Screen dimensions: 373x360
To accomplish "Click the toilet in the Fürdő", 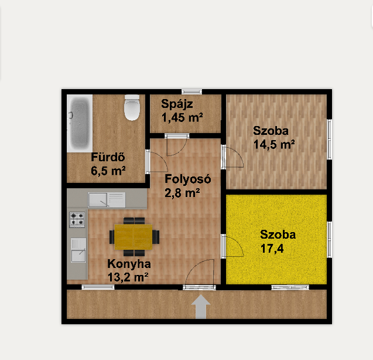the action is click(132, 107).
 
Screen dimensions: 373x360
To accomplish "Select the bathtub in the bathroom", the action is click(80, 123).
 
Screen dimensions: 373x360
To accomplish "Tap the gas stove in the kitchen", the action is click(77, 219).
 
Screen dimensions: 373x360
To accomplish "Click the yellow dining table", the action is click(134, 237).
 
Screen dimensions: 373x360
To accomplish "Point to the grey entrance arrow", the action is click(201, 307).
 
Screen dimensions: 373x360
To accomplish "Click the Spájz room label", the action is click(177, 104).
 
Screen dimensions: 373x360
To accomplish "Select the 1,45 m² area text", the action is click(182, 117).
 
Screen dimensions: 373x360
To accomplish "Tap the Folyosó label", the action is click(188, 179).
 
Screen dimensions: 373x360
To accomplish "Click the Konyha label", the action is click(129, 264).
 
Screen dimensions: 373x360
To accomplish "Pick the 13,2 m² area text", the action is click(128, 277).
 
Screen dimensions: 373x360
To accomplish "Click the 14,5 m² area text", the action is click(274, 144).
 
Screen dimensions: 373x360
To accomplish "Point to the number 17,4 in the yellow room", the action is click(272, 249).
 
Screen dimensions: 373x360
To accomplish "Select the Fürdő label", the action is click(108, 157).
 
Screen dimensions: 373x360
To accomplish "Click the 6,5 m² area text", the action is click(108, 171).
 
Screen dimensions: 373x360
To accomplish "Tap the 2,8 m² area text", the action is click(182, 193).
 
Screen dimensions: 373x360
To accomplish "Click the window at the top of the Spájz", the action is click(191, 91).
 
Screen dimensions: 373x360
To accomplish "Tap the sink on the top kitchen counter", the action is click(107, 200).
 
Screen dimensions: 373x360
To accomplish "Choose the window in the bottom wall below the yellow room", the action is click(290, 287).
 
